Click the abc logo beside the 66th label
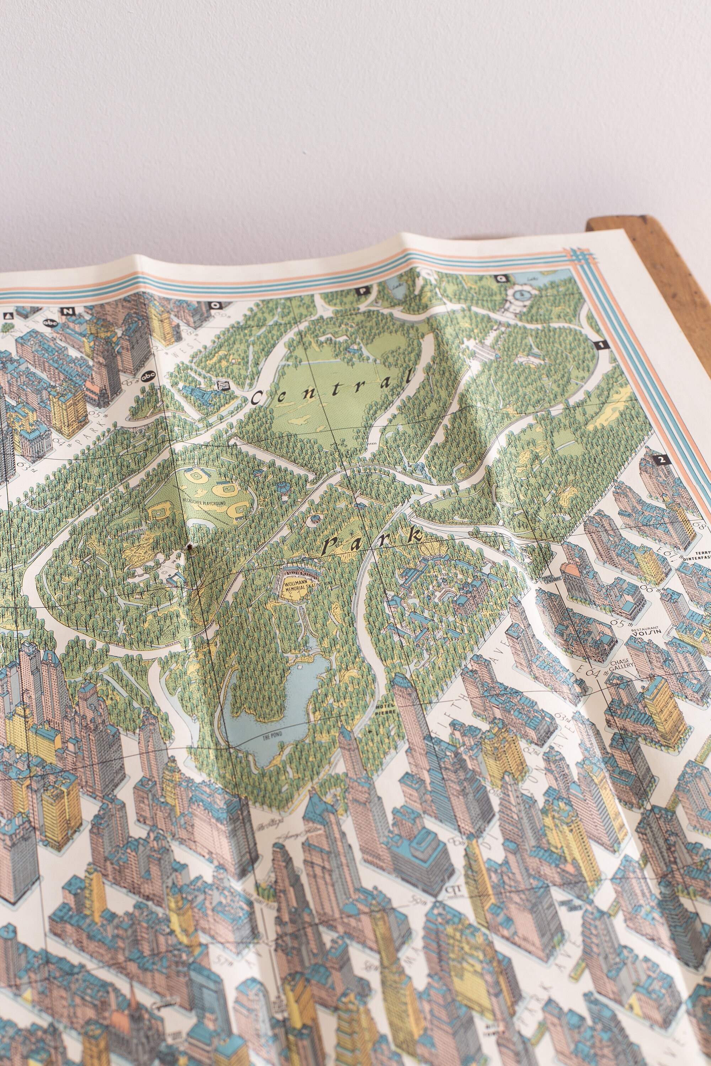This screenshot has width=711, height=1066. [148, 377]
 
